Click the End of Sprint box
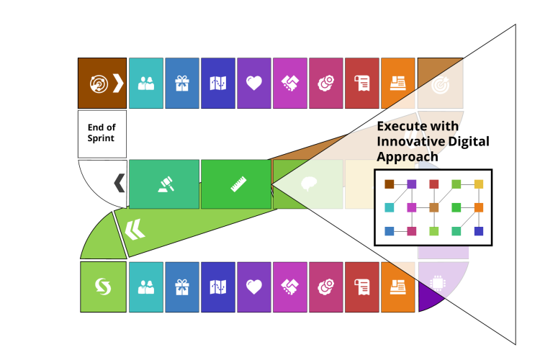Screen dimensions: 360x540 pyautogui.click(x=102, y=134)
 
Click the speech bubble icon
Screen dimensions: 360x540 pyautogui.click(x=308, y=184)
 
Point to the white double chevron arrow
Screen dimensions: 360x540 pyautogui.click(x=135, y=230)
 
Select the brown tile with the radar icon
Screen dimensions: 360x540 pyautogui.click(x=102, y=84)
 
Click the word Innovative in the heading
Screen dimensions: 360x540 pyautogui.click(x=408, y=142)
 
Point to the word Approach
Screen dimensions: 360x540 pyautogui.click(x=408, y=157)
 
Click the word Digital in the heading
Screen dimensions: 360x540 pyautogui.click(x=466, y=142)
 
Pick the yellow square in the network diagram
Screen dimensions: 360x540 pyautogui.click(x=479, y=184)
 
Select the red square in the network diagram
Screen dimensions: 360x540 pyautogui.click(x=434, y=184)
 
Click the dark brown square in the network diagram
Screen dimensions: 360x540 pyautogui.click(x=390, y=184)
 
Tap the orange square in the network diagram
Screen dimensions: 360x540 pyautogui.click(x=479, y=207)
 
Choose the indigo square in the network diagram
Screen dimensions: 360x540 pyautogui.click(x=479, y=231)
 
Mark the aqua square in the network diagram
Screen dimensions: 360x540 pyautogui.click(x=390, y=207)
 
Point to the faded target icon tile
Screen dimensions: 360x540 pyautogui.click(x=440, y=84)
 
